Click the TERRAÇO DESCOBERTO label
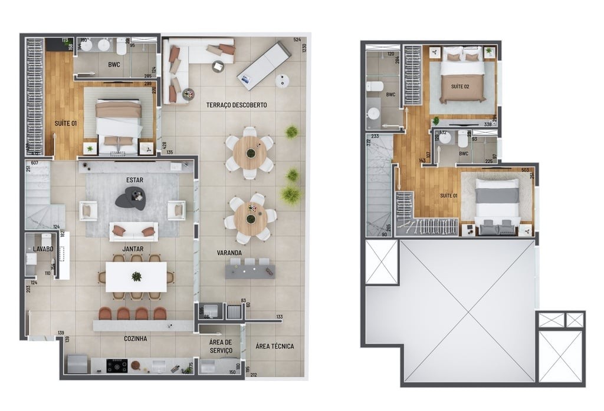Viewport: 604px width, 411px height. (x=236, y=105)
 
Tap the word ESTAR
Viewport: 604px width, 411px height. (x=134, y=180)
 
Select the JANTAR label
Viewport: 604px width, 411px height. (x=133, y=250)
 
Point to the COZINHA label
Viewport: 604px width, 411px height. (x=136, y=339)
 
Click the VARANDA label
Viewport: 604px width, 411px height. (x=229, y=253)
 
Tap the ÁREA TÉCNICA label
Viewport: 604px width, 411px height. (x=275, y=346)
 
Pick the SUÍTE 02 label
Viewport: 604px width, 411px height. (x=460, y=87)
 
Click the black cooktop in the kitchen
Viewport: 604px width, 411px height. (x=117, y=366)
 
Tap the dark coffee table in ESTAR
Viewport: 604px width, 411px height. (x=130, y=198)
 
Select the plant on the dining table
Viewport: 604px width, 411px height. (x=136, y=276)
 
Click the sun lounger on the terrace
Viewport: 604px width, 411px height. (x=264, y=65)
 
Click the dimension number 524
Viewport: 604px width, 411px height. (x=297, y=40)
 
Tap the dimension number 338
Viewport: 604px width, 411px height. (x=488, y=125)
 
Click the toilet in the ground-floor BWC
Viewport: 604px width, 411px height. (x=122, y=45)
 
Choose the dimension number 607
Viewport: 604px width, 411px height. (x=34, y=163)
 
